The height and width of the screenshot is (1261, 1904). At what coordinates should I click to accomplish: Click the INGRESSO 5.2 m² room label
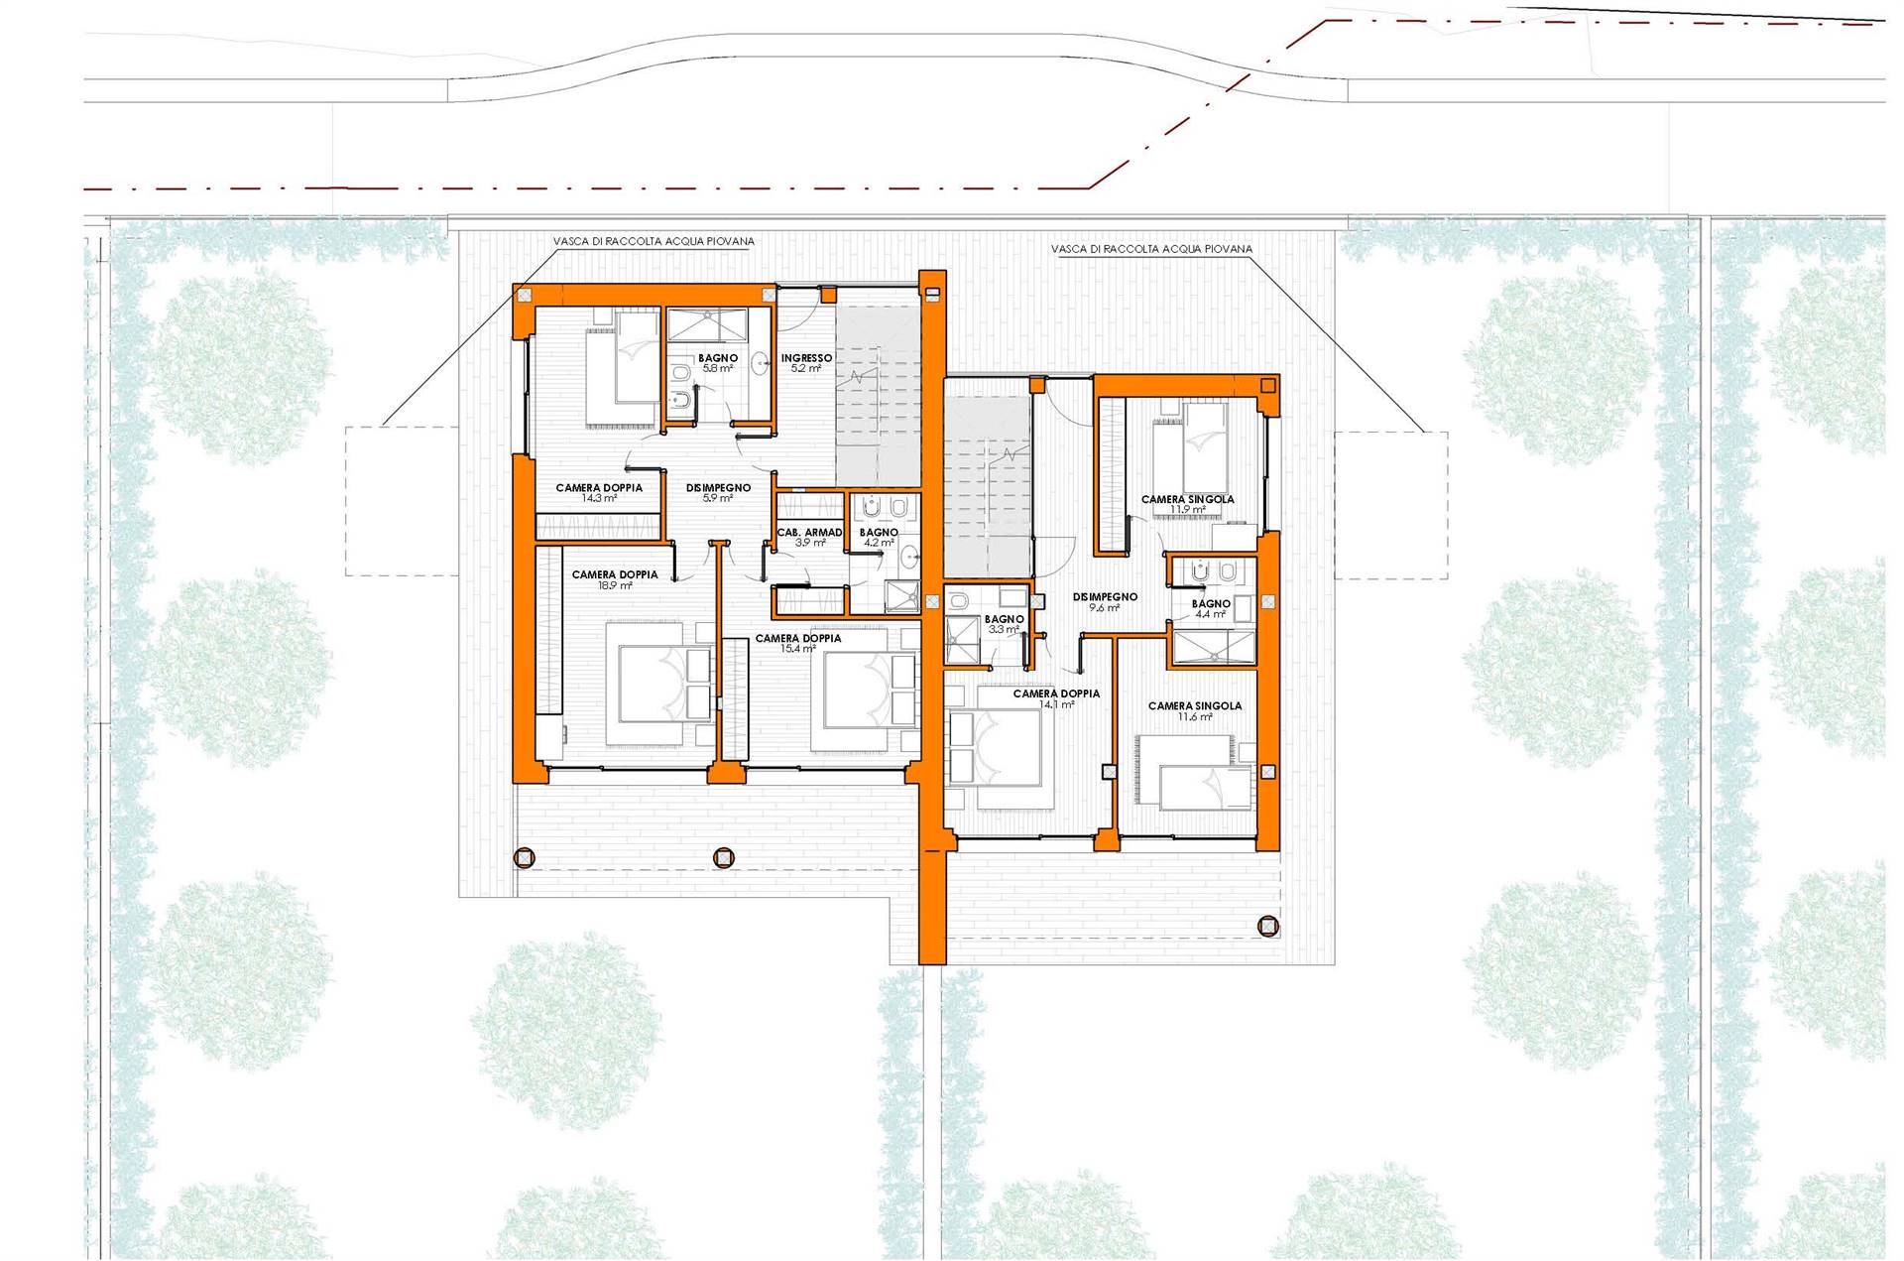pos(806,363)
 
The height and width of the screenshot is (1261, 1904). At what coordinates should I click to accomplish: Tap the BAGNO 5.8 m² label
pos(718,363)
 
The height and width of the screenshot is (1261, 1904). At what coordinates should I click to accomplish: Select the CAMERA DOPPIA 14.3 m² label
pos(599,493)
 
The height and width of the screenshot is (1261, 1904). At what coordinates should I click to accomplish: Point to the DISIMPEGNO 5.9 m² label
pos(718,493)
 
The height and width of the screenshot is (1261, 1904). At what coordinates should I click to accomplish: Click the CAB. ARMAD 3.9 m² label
pos(810,538)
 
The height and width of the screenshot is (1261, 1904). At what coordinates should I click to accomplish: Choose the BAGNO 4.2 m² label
pos(879,538)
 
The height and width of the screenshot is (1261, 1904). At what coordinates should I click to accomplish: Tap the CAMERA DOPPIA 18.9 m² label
pos(615,580)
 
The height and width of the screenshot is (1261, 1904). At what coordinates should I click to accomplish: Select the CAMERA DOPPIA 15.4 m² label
pos(798,643)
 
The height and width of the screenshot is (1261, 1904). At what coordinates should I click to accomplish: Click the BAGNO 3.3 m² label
pos(1004,624)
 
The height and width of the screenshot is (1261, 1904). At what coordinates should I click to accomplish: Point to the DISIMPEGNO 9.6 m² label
pos(1105,602)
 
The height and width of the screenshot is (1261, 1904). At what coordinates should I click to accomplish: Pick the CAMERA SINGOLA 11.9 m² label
pos(1187,504)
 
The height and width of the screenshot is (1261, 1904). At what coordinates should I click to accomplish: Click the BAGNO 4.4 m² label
pos(1211,608)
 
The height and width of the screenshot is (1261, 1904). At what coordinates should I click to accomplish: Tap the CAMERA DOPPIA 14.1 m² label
pos(1056,698)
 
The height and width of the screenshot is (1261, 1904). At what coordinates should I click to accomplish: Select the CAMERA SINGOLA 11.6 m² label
pos(1194,711)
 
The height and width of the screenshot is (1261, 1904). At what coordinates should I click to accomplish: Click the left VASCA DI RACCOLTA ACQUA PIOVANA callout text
pos(654,241)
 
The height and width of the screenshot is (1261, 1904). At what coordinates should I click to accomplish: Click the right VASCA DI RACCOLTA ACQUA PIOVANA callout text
pos(1151,249)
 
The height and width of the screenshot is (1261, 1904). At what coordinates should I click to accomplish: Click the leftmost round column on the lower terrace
pos(524,858)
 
